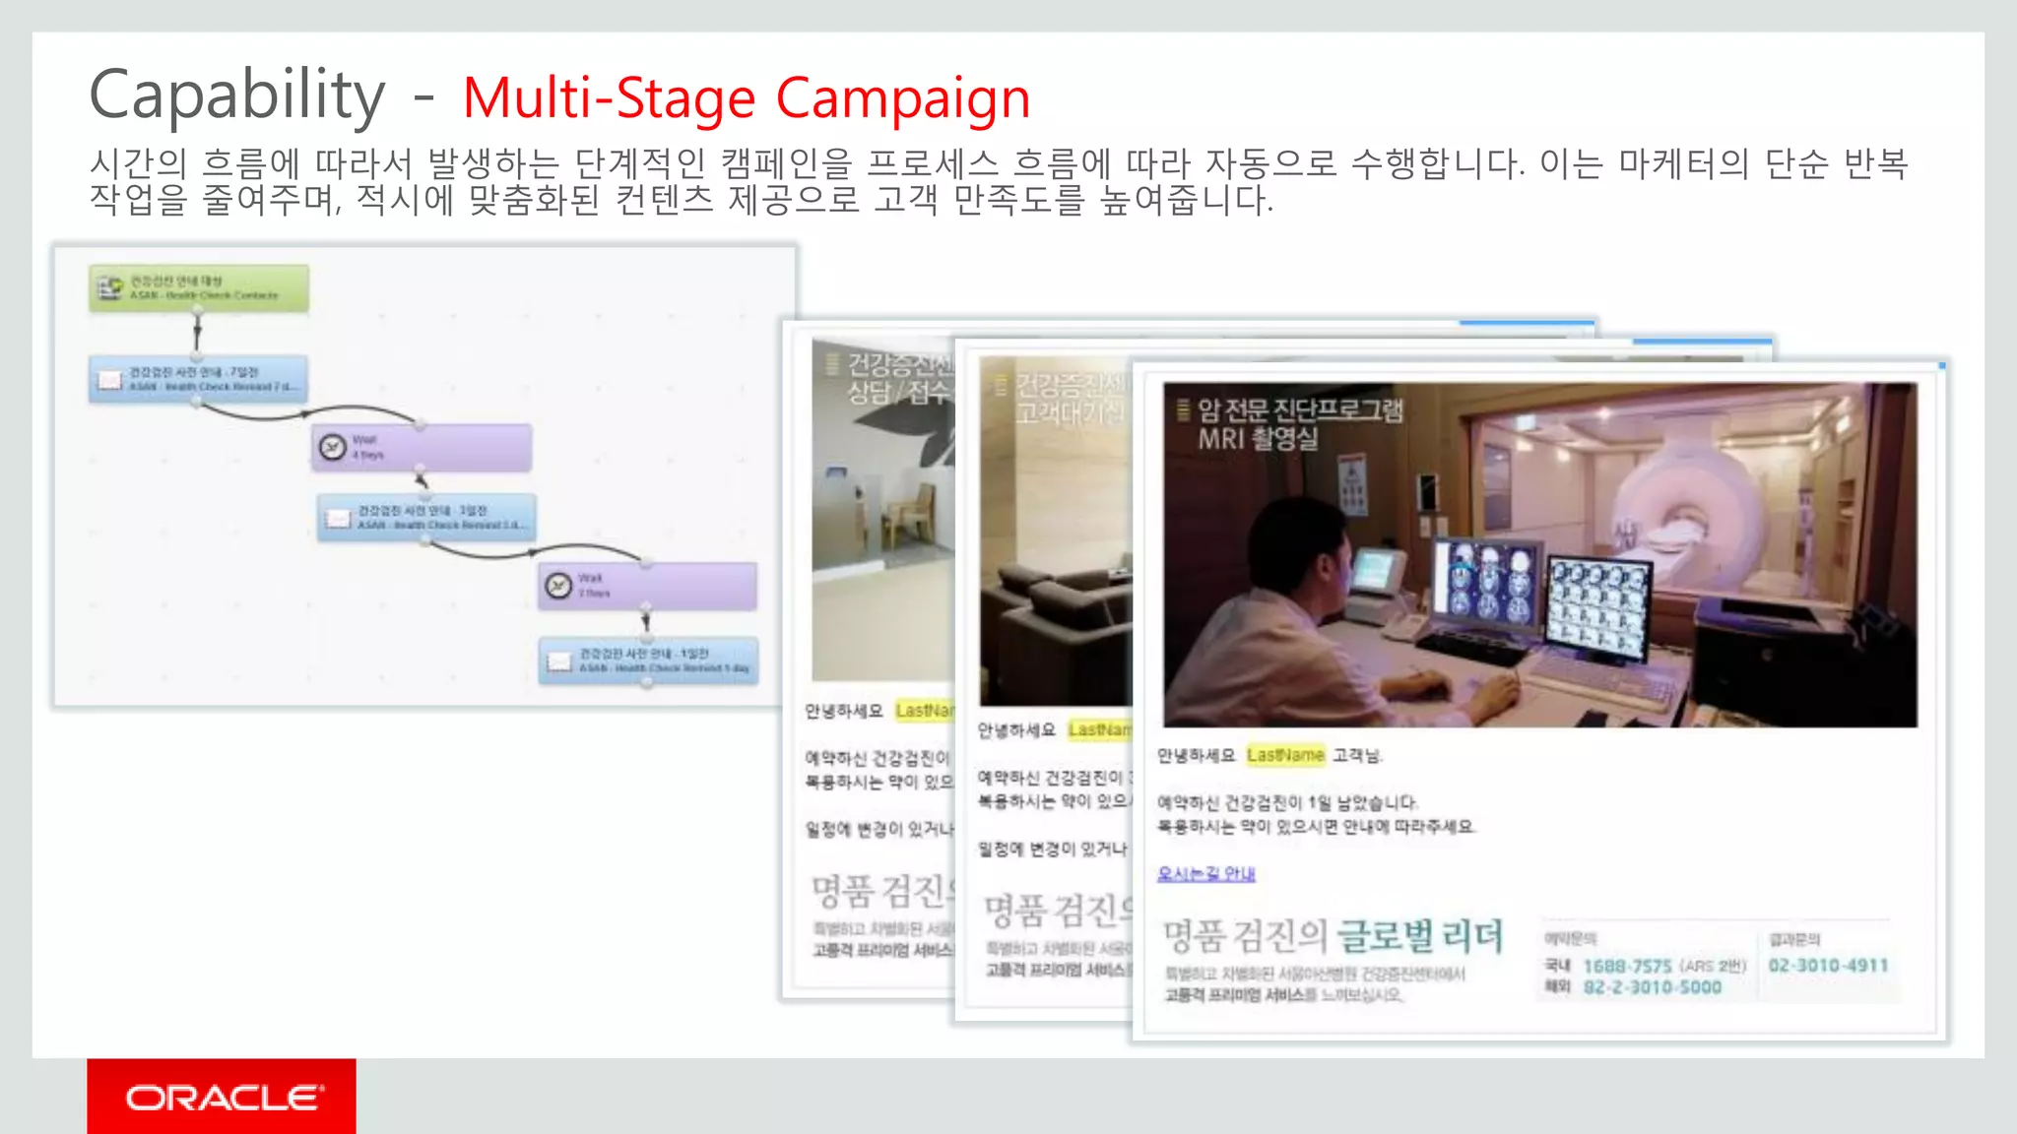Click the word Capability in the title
236,95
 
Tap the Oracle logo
223,1097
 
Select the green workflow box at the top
199,287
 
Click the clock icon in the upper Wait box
333,448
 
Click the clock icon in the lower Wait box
558,586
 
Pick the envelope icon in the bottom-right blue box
559,661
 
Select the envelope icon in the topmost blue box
109,380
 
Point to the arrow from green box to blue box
198,333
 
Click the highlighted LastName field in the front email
1285,755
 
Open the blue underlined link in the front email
1205,873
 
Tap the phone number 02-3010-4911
1828,966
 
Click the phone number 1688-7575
1627,966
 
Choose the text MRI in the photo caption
1221,439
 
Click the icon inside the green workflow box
109,287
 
